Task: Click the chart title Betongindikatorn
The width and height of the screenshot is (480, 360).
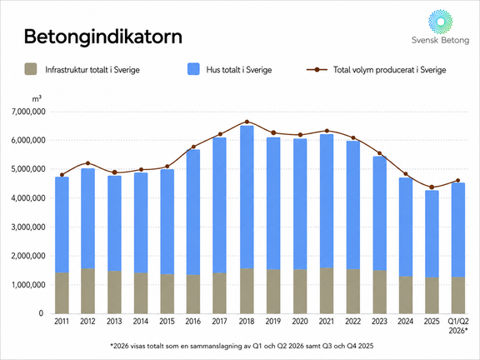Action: [103, 37]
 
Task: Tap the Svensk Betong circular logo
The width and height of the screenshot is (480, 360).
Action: [441, 22]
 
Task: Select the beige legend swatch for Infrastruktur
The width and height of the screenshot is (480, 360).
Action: [31, 69]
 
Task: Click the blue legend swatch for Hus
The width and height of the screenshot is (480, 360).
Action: [193, 69]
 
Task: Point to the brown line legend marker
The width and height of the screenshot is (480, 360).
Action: [317, 69]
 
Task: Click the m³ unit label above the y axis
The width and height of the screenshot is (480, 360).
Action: [37, 98]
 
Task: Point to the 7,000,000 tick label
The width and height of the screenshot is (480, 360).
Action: [28, 112]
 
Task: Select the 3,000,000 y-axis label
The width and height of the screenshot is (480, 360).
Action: [28, 227]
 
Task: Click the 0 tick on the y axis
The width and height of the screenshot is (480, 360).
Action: [41, 313]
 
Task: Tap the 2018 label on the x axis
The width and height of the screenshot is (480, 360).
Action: [247, 321]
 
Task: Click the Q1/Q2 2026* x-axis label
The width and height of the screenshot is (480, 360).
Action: [458, 326]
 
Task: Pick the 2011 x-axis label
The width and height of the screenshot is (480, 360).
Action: [62, 321]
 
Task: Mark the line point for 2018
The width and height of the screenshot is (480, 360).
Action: [247, 122]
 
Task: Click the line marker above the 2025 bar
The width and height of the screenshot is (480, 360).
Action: [432, 187]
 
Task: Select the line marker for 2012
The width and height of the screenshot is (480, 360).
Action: [87, 163]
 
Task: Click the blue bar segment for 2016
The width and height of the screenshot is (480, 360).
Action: [193, 212]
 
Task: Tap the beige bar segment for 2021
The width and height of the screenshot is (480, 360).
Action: [327, 291]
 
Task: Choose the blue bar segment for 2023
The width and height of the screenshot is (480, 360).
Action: [380, 213]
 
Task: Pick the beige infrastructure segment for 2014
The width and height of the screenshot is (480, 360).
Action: [141, 293]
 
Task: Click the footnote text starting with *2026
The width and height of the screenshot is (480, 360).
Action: [242, 346]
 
